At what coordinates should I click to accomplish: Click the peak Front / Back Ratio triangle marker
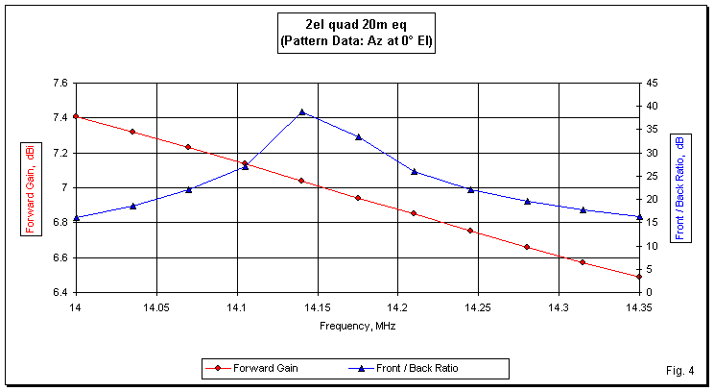point(301,112)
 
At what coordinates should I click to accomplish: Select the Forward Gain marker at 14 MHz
point(75,116)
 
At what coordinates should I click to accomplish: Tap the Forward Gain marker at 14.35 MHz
point(638,277)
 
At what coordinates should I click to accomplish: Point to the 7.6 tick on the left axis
point(59,83)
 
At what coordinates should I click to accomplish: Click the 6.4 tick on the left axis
point(59,292)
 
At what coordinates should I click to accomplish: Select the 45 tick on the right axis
point(651,83)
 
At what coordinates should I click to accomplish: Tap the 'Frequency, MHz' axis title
point(357,326)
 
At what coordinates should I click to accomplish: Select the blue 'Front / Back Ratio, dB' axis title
point(679,187)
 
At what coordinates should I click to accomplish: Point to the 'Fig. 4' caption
point(678,370)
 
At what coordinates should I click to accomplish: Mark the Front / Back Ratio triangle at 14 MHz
point(75,218)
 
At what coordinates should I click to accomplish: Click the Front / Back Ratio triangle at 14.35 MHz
point(638,216)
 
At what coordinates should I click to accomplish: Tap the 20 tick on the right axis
point(651,199)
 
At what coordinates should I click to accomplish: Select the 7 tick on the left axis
point(64,187)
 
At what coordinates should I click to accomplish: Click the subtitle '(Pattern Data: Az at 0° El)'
point(356,42)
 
